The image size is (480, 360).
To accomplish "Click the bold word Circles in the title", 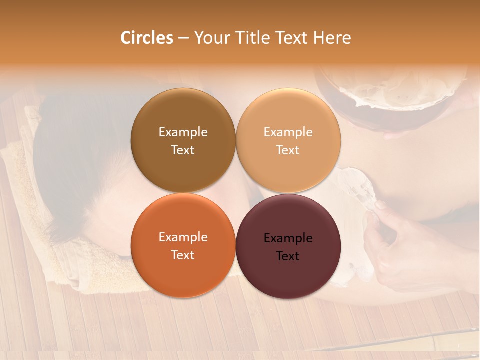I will pos(146,38).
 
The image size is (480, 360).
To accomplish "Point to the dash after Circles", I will pos(183,38).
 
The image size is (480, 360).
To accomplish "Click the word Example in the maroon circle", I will pos(288,238).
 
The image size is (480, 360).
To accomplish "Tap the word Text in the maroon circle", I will pos(288,256).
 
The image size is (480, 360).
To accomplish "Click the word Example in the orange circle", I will pos(183,237).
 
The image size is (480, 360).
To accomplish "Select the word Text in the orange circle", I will pos(183,255).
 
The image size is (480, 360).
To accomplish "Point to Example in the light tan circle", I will pos(288,132).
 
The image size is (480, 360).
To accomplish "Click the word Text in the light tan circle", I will pos(288,150).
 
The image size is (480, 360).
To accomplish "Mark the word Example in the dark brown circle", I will pos(183,132).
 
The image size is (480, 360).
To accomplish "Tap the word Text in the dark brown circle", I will pos(183,150).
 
